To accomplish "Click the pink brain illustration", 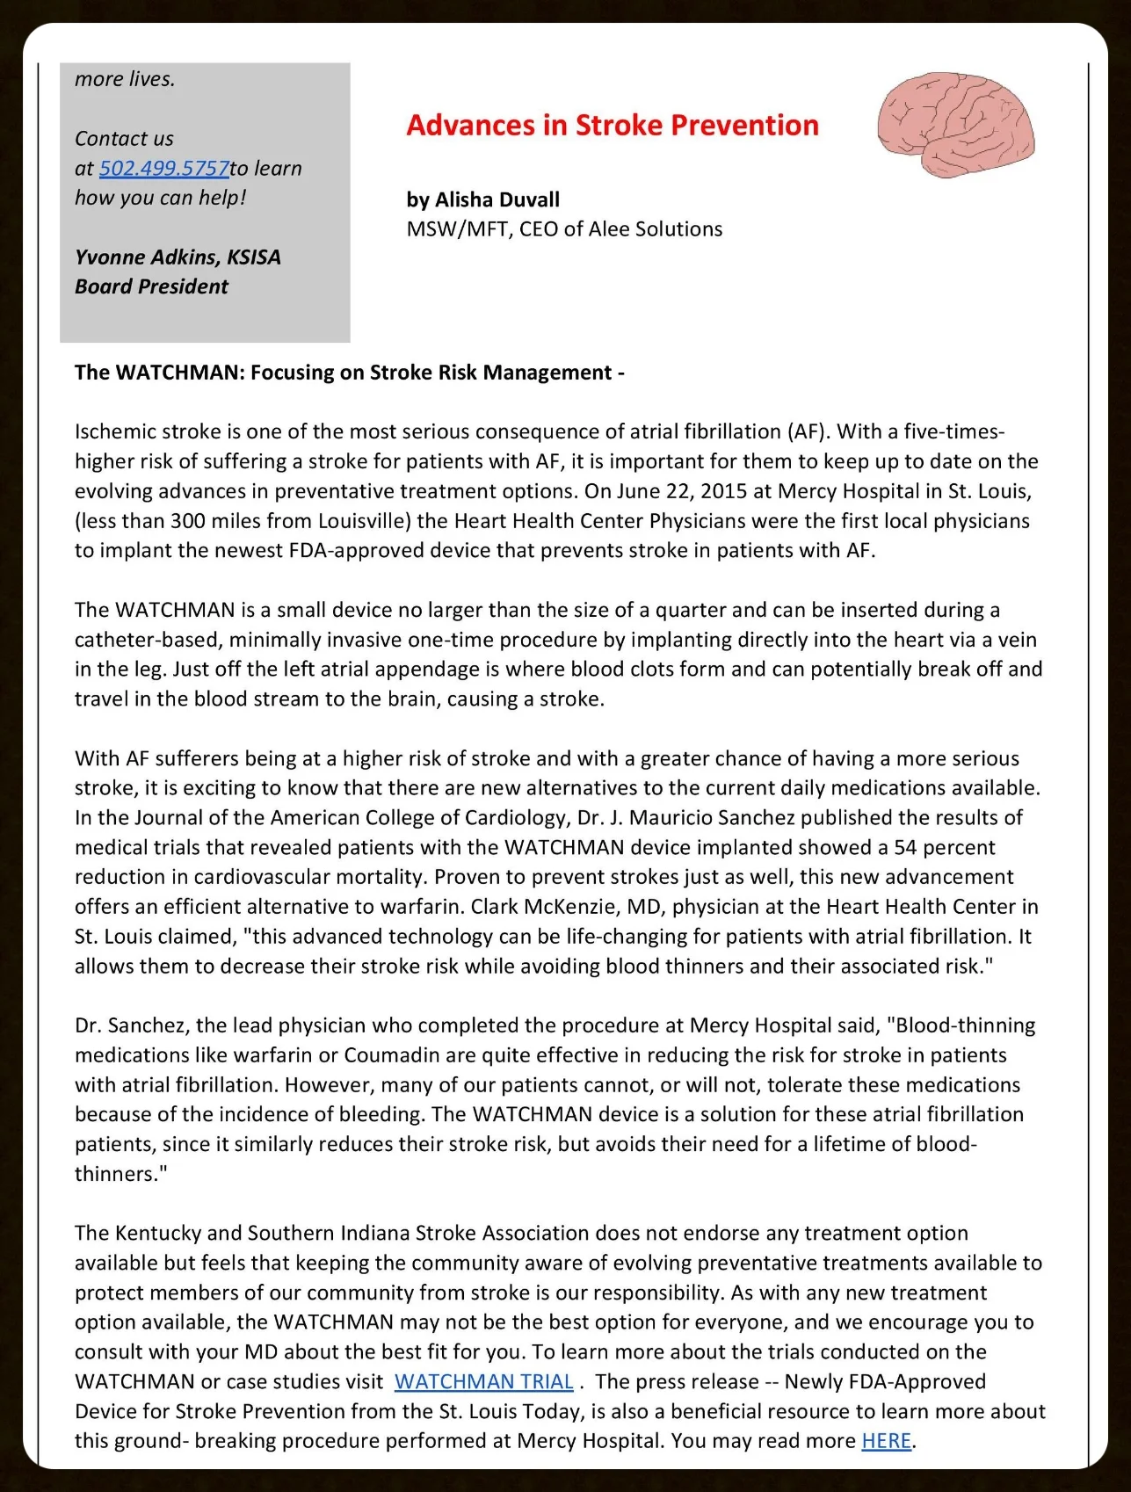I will click(956, 125).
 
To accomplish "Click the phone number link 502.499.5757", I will click(163, 168).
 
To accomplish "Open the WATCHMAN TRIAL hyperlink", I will click(483, 1381).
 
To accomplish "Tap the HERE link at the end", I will click(886, 1440).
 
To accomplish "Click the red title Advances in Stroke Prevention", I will click(612, 126).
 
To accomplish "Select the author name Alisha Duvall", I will click(497, 199).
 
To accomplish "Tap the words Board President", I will click(151, 286).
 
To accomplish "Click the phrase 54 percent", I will click(944, 847).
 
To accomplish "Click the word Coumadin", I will click(393, 1054).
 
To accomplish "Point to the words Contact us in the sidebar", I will click(124, 139).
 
